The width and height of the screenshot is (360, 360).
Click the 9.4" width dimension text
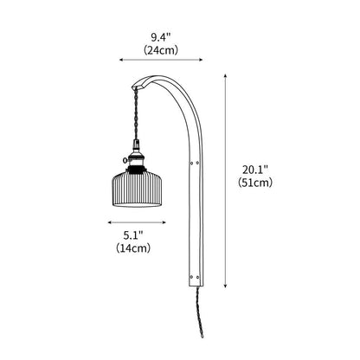[161, 37]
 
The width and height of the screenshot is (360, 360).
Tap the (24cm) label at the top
[161, 51]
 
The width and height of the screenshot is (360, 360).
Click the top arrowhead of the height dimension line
[227, 75]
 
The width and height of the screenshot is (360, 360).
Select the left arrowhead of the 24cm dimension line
[110, 61]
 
